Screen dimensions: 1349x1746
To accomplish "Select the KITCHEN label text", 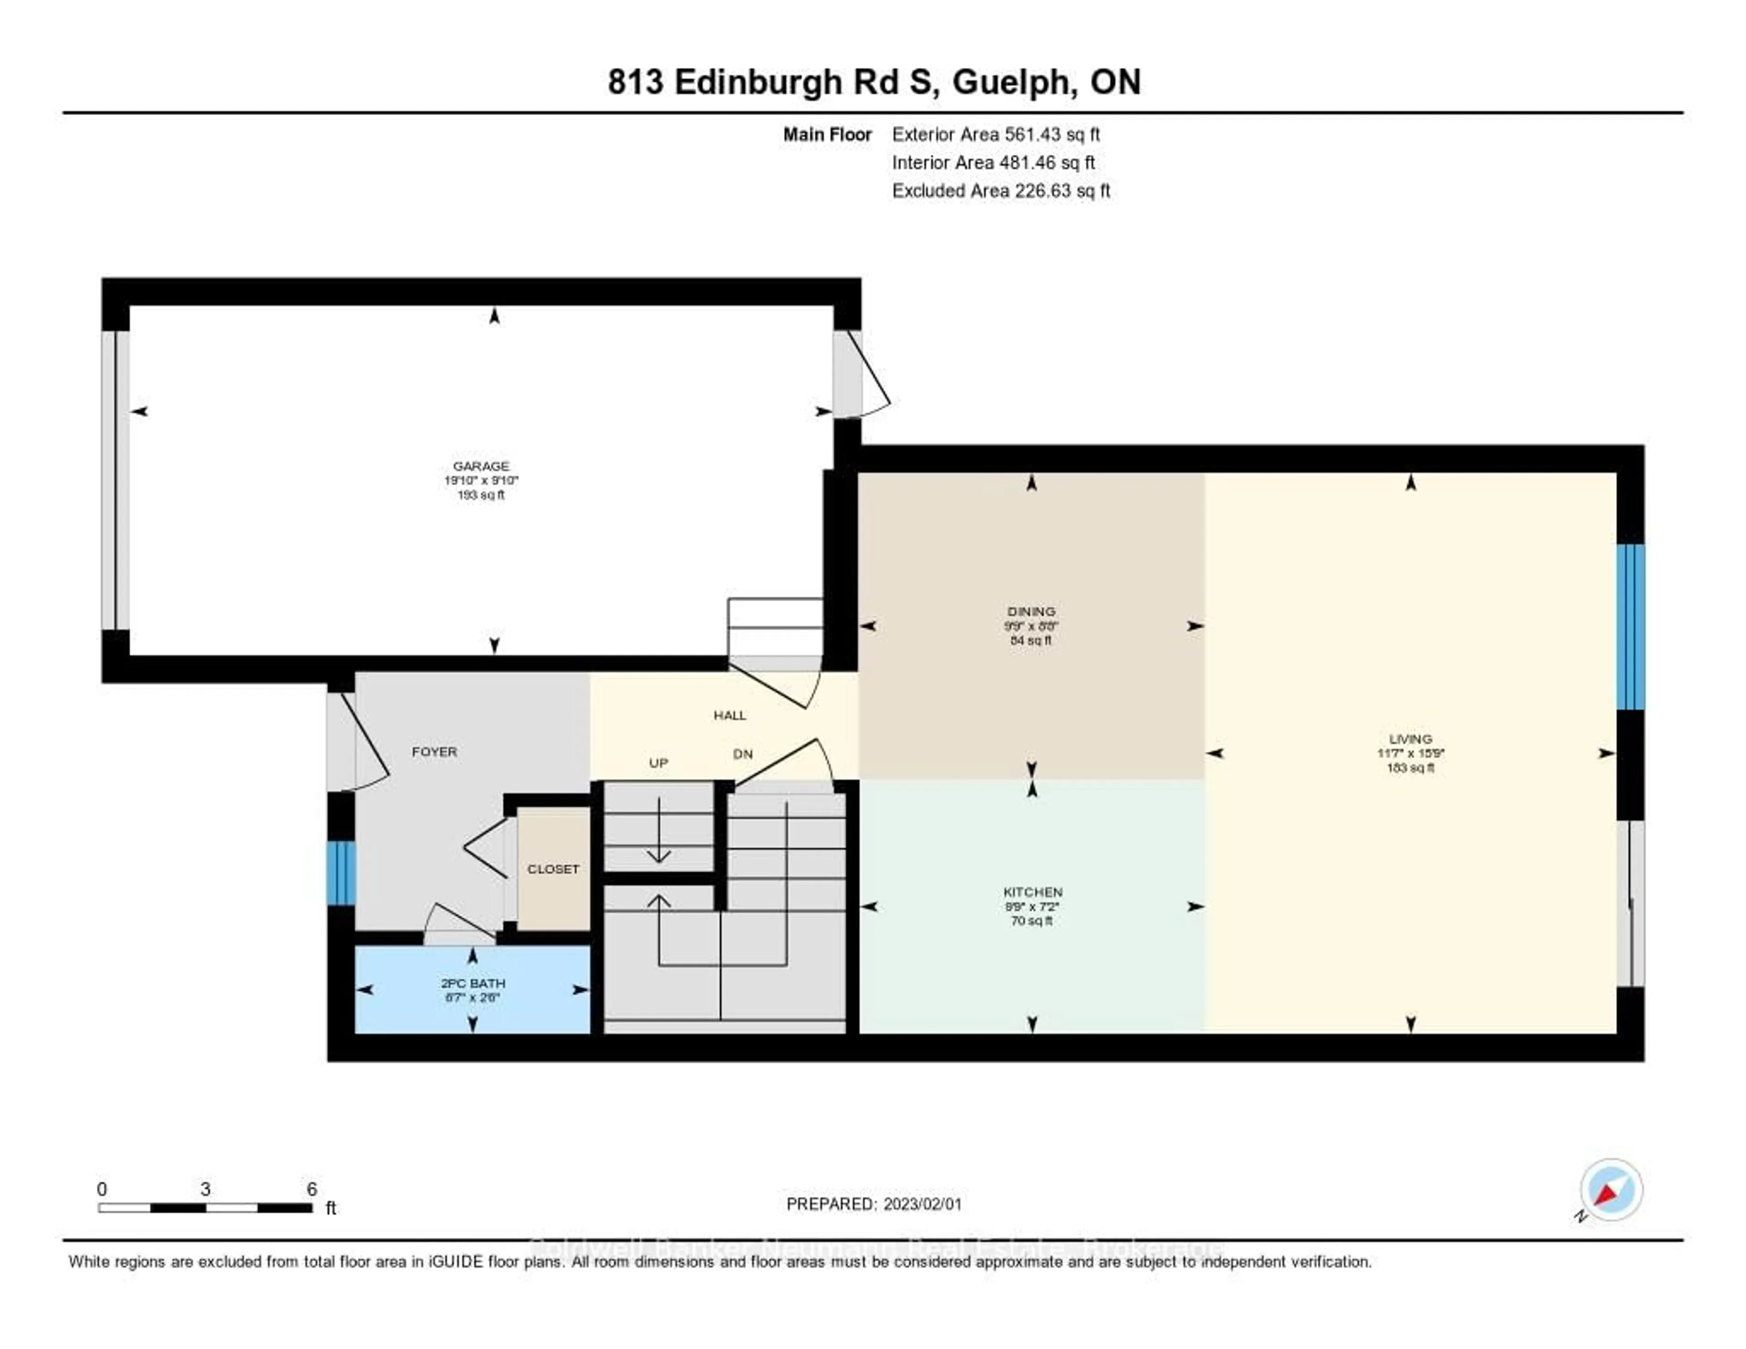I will pyautogui.click(x=1032, y=891).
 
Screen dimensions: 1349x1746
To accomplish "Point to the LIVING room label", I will pyautogui.click(x=1410, y=739).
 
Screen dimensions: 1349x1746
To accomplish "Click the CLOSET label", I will pyautogui.click(x=553, y=868).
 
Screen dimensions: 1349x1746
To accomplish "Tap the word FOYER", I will pyautogui.click(x=434, y=752).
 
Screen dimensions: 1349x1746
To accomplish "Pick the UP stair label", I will pyautogui.click(x=658, y=763).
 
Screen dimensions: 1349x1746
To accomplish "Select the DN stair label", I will pyautogui.click(x=743, y=754).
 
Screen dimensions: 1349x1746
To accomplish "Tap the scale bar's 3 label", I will pyautogui.click(x=206, y=1189).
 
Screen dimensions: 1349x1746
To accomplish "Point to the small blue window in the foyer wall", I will pyautogui.click(x=341, y=872).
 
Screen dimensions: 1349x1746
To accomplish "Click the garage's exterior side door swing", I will pyautogui.click(x=868, y=376).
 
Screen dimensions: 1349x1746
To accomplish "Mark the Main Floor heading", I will pyautogui.click(x=827, y=134).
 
